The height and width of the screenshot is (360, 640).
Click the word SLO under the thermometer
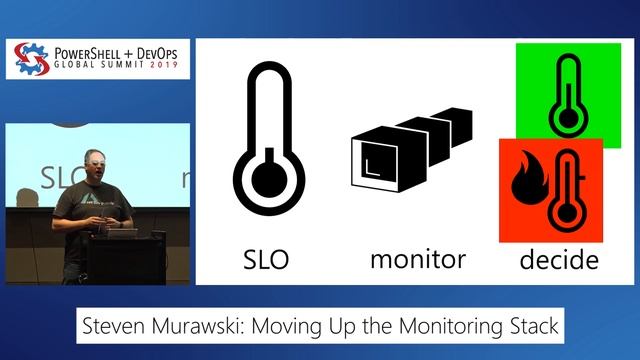pyautogui.click(x=267, y=260)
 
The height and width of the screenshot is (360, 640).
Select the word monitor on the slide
pyautogui.click(x=417, y=260)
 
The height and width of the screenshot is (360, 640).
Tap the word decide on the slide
pyautogui.click(x=558, y=261)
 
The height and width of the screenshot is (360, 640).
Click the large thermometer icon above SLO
pyautogui.click(x=267, y=140)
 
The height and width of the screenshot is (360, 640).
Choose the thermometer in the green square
pyautogui.click(x=567, y=96)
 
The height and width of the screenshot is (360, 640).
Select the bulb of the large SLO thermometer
pyautogui.click(x=267, y=177)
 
